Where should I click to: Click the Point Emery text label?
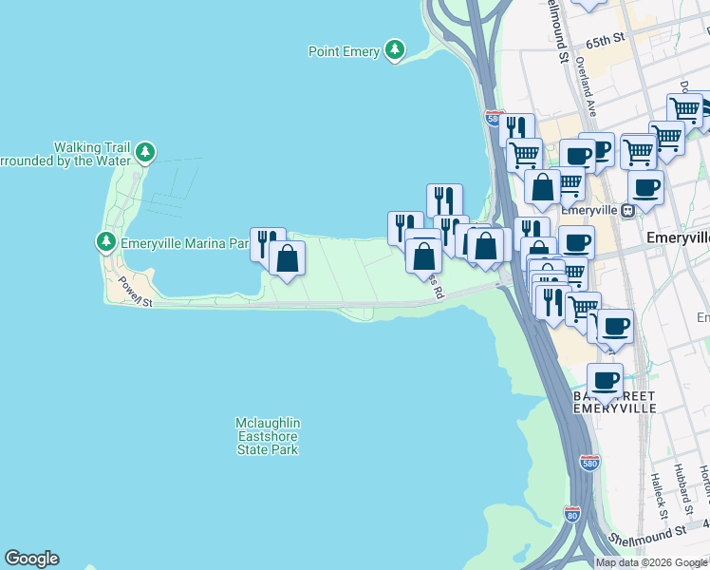tap(344, 51)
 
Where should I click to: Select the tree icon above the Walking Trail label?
tap(145, 151)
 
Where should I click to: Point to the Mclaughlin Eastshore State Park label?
tap(268, 435)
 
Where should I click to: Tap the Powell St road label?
tap(136, 293)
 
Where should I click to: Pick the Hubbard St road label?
tap(680, 484)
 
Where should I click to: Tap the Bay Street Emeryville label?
tap(613, 401)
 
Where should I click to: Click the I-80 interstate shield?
tap(571, 514)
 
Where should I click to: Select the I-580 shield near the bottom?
tap(589, 464)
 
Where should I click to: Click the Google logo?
tap(31, 559)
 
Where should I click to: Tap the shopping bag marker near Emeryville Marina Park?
tap(287, 257)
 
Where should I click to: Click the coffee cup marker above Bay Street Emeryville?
tap(605, 381)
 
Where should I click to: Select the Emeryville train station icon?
tap(627, 211)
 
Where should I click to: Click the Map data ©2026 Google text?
tap(651, 562)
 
